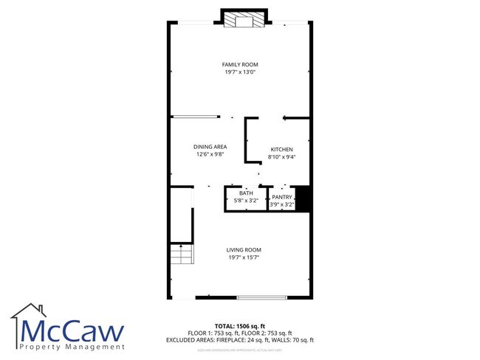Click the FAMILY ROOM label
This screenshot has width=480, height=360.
(x=240, y=65)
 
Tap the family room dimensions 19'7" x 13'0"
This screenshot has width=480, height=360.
(x=240, y=72)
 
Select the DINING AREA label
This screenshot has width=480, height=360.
(x=210, y=147)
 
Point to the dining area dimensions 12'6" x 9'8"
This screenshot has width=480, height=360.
(x=210, y=155)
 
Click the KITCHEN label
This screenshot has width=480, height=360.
(x=281, y=150)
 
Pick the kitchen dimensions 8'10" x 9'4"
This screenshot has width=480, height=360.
(x=281, y=157)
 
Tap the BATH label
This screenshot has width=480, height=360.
(x=245, y=193)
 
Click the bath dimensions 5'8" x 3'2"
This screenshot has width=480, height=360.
(x=245, y=201)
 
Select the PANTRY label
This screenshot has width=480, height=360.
(x=282, y=197)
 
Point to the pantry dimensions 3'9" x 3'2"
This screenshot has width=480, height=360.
(x=282, y=204)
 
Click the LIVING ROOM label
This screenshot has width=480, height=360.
(x=244, y=250)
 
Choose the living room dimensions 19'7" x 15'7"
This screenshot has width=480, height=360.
(x=244, y=257)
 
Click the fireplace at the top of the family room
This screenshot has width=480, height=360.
(x=244, y=20)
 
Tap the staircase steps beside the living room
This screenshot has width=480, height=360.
(x=181, y=255)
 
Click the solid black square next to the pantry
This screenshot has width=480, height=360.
(x=301, y=198)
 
